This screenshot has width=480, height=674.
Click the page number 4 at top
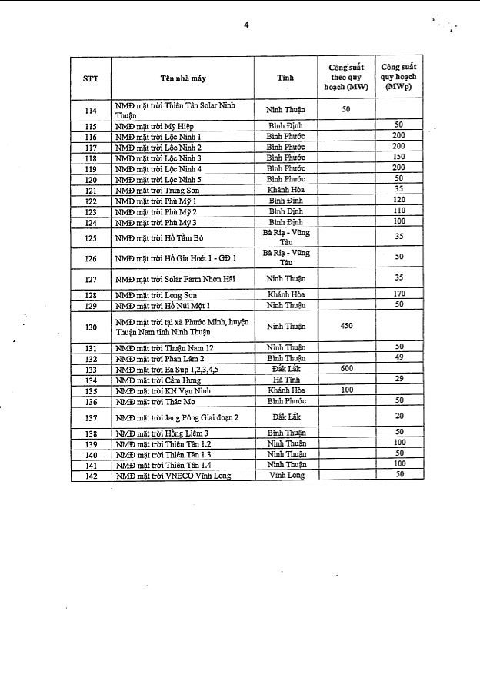click(x=246, y=25)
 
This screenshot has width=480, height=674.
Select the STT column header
click(x=90, y=78)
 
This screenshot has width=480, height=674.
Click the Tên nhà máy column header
click(x=183, y=78)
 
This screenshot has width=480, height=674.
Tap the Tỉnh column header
click(x=285, y=78)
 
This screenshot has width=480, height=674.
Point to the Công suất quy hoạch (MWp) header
click(x=398, y=78)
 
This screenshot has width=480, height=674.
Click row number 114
click(x=90, y=110)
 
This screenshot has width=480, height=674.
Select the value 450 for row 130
click(x=345, y=327)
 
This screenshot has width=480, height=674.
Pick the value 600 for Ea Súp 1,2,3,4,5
click(x=345, y=370)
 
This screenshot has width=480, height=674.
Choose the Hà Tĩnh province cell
click(x=285, y=380)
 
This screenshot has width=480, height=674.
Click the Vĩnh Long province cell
click(x=285, y=476)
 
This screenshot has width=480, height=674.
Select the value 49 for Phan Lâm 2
click(x=398, y=359)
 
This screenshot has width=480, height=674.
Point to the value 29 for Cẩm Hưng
click(x=398, y=380)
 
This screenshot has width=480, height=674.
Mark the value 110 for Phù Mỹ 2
click(x=398, y=211)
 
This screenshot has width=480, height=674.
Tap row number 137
click(x=90, y=417)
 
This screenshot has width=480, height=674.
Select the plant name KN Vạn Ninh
click(x=161, y=390)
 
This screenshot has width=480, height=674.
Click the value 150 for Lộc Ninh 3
click(x=398, y=158)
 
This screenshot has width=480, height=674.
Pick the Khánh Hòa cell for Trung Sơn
click(x=285, y=190)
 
